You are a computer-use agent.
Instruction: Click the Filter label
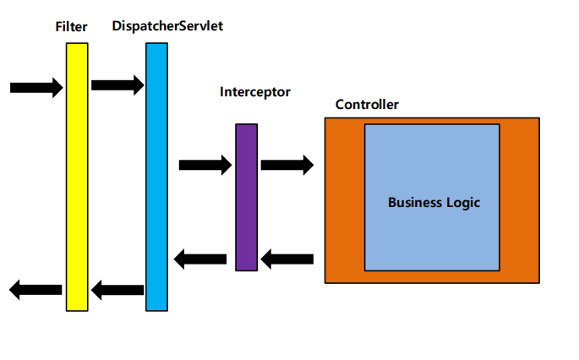[71, 28]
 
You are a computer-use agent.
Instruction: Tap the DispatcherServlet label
[167, 26]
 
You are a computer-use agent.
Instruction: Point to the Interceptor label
[254, 91]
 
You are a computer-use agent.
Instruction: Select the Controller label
[367, 105]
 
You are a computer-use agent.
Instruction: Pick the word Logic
[464, 203]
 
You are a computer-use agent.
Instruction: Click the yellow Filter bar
[77, 177]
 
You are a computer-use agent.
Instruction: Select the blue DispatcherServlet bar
[156, 177]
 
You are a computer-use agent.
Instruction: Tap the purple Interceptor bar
[246, 197]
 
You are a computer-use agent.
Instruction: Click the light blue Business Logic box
[432, 237]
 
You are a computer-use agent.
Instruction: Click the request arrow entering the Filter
[36, 87]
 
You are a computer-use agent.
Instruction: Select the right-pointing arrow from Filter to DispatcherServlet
[117, 85]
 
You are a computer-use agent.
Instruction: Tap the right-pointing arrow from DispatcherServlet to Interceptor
[205, 165]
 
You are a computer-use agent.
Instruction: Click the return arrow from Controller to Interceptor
[287, 259]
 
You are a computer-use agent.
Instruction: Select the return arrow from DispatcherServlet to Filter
[117, 291]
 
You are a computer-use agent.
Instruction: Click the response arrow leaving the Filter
[36, 290]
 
